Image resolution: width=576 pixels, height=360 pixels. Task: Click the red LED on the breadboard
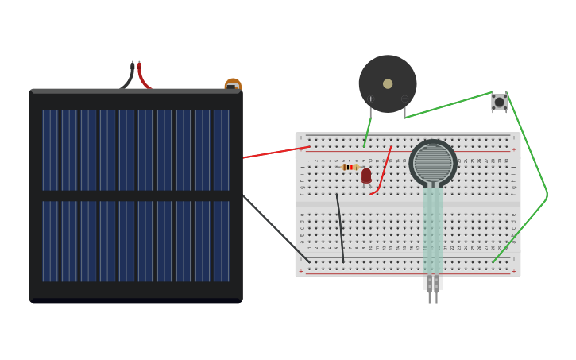tap(366, 176)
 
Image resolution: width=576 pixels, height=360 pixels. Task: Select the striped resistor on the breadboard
tap(348, 167)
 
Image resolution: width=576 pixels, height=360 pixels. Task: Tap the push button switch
tap(499, 102)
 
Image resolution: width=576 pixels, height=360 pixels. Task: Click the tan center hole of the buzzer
tap(388, 83)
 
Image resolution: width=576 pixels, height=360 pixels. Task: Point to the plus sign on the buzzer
tap(370, 99)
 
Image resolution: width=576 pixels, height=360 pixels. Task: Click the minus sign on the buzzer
tap(404, 99)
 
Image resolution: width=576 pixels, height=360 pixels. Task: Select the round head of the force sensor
tap(433, 163)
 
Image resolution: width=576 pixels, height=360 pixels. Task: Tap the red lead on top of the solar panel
tap(142, 76)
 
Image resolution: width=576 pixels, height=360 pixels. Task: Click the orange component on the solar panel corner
tap(233, 83)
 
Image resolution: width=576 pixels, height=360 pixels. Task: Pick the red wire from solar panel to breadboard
tap(274, 152)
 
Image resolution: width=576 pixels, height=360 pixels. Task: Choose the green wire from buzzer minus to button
tap(449, 105)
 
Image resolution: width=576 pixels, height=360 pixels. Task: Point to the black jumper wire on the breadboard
tap(340, 227)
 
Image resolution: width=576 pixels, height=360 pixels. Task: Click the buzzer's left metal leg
tap(370, 114)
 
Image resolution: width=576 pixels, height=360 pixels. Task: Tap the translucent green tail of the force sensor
tap(433, 230)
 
